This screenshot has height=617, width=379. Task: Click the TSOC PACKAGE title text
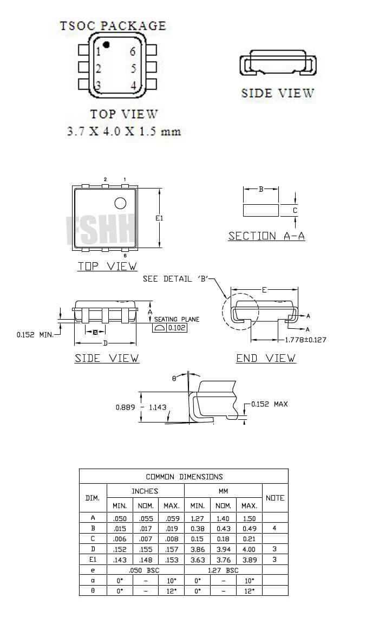pos(112,25)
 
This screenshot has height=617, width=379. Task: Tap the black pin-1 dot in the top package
pos(107,44)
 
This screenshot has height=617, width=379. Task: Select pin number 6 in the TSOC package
pos(132,52)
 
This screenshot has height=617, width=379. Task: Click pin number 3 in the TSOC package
pos(99,86)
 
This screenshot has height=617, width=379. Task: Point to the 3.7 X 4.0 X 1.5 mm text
pos(123,132)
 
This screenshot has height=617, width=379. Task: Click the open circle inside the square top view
pos(120,203)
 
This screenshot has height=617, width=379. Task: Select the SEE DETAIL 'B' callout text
pos(175,278)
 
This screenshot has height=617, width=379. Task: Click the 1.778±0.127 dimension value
pos(305,340)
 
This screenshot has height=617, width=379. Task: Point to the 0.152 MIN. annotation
pos(35,335)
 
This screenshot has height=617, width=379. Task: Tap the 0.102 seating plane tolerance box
pos(176,328)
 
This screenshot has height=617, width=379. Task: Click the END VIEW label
pos(265,358)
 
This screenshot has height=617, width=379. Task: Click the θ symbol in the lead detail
pos(174,379)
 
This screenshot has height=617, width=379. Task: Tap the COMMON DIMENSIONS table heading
pos(184,477)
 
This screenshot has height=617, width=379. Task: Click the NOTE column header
pos(275,498)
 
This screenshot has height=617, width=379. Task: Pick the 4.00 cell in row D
pos(249,549)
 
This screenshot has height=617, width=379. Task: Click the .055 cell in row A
pos(146,518)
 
